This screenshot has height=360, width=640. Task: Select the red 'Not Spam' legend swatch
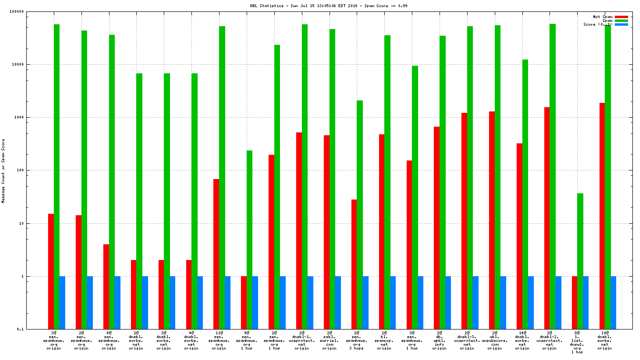[x=621, y=17]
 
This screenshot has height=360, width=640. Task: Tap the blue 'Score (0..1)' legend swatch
[x=621, y=24]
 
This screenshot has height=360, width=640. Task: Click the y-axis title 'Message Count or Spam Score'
[x=3, y=171]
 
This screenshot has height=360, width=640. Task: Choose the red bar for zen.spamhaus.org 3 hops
[x=354, y=264]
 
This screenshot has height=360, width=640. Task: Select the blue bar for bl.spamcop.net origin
[x=393, y=302]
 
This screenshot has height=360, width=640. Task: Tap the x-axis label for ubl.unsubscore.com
[x=494, y=340]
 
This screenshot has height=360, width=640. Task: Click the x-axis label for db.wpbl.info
[x=439, y=340]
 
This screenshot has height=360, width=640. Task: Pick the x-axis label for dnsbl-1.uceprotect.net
[x=301, y=340]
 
